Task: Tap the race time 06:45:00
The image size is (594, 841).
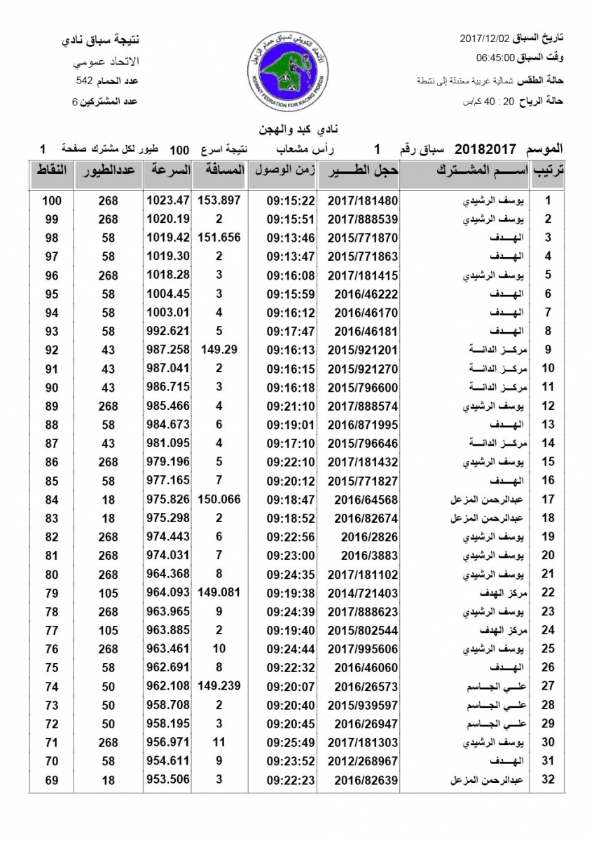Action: click(x=496, y=57)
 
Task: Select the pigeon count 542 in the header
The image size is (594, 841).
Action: click(x=85, y=81)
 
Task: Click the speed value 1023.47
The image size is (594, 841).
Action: click(x=168, y=200)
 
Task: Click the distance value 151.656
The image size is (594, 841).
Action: click(x=219, y=238)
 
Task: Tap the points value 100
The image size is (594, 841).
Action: click(x=52, y=200)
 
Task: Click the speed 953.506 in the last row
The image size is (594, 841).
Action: click(x=168, y=779)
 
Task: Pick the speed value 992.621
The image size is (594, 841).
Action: click(x=168, y=331)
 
